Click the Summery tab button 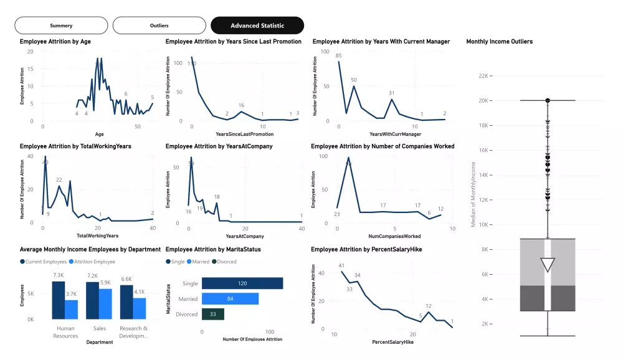pyautogui.click(x=61, y=26)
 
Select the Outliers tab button pyautogui.click(x=159, y=26)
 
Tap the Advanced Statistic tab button pyautogui.click(x=257, y=26)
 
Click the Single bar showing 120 pyautogui.click(x=242, y=283)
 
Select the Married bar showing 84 pyautogui.click(x=230, y=299)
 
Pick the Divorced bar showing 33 pyautogui.click(x=213, y=314)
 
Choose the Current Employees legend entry pyautogui.click(x=44, y=262)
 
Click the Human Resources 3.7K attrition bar pyautogui.click(x=72, y=309)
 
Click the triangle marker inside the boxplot pyautogui.click(x=548, y=265)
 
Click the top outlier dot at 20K pyautogui.click(x=548, y=100)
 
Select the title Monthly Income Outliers pyautogui.click(x=499, y=42)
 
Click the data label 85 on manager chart pyautogui.click(x=338, y=56)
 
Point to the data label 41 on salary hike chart pyautogui.click(x=341, y=266)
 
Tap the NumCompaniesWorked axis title pyautogui.click(x=394, y=236)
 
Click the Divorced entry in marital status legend pyautogui.click(x=224, y=262)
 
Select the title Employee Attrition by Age pyautogui.click(x=56, y=42)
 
